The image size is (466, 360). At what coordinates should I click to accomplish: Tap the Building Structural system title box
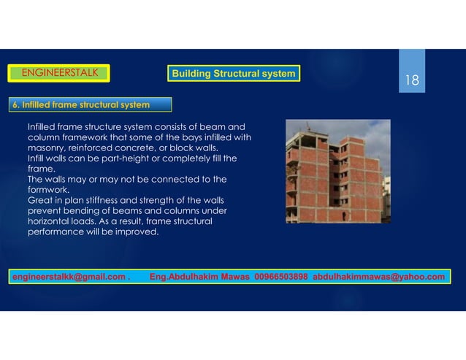(x=233, y=74)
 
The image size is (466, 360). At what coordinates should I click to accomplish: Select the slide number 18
(x=413, y=80)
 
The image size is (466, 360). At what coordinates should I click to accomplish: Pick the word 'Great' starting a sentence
(x=39, y=200)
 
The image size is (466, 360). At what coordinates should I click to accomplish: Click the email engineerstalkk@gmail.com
(x=70, y=277)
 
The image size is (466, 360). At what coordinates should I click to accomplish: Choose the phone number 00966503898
(x=281, y=277)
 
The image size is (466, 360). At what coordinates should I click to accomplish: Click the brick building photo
(x=337, y=171)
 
